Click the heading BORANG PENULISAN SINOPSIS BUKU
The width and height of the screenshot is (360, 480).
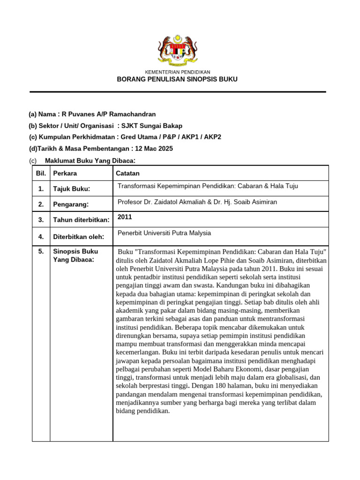(177, 79)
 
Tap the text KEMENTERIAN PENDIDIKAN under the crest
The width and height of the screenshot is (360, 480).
(177, 72)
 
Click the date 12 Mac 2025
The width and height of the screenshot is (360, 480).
(153, 149)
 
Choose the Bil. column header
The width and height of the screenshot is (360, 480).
(41, 173)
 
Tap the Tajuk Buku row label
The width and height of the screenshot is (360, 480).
(71, 189)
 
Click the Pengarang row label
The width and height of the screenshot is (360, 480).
(70, 204)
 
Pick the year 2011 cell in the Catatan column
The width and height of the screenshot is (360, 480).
(125, 217)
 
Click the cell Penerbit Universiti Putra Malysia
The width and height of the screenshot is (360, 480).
(164, 233)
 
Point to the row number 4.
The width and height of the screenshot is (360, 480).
(41, 237)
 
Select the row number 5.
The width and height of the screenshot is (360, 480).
(41, 252)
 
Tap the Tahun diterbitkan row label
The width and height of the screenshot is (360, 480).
(81, 220)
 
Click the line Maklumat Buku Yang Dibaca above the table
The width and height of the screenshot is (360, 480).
(90, 161)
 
